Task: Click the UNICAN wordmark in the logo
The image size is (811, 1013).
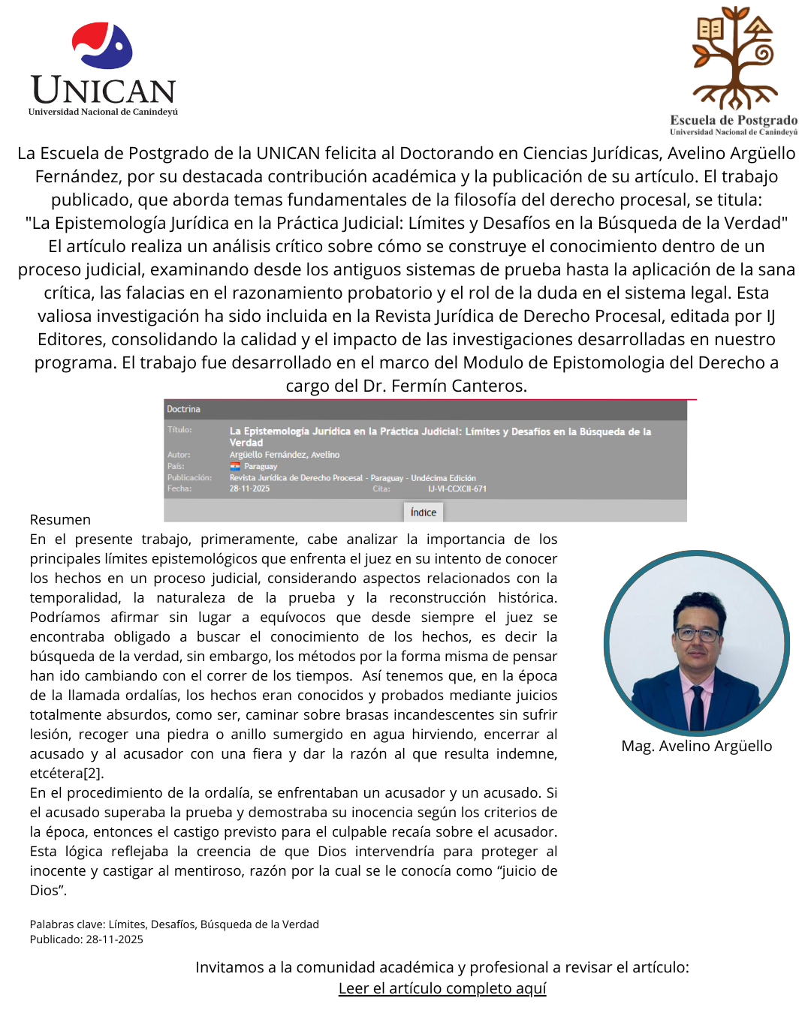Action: (x=104, y=91)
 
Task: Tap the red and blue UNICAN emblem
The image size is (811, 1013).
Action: (x=103, y=46)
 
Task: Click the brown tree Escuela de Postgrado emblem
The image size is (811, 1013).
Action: (x=734, y=57)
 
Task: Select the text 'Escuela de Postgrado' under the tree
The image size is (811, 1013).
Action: (x=734, y=120)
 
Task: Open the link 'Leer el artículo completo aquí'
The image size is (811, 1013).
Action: (x=442, y=988)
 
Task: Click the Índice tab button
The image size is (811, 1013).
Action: (x=424, y=513)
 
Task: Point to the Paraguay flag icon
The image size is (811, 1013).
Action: (x=235, y=466)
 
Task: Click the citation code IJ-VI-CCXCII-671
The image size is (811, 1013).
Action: (x=457, y=488)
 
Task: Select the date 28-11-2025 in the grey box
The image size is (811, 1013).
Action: (x=249, y=488)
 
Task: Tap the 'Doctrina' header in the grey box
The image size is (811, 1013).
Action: (x=183, y=409)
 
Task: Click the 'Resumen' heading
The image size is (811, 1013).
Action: (x=60, y=519)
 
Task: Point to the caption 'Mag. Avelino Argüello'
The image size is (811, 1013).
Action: (x=697, y=746)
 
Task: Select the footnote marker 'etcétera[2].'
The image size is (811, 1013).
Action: (x=67, y=773)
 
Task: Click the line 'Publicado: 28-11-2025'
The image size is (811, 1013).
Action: (x=86, y=939)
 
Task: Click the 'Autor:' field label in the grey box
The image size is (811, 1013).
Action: (x=179, y=455)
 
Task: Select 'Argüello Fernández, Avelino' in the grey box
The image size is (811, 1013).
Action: (x=285, y=455)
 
